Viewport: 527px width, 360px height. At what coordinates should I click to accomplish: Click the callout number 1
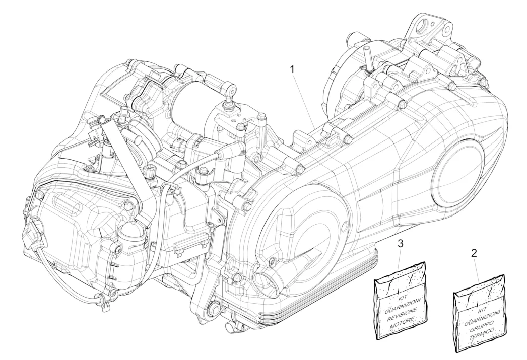pyautogui.click(x=292, y=69)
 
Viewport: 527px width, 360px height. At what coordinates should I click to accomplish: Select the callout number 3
pyautogui.click(x=401, y=244)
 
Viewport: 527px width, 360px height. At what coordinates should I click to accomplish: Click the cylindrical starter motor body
pyautogui.click(x=189, y=98)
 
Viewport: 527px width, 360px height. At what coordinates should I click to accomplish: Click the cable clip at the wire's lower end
pyautogui.click(x=99, y=297)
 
